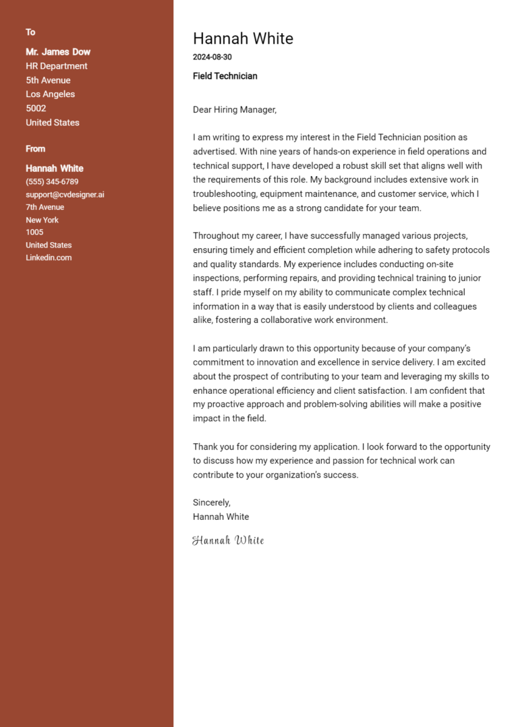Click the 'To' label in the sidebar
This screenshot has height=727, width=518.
30,32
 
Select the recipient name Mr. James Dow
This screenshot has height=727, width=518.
58,52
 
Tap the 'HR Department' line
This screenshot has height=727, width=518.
57,66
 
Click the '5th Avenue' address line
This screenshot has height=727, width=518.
48,80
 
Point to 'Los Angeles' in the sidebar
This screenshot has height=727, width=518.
51,94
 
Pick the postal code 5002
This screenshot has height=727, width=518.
36,109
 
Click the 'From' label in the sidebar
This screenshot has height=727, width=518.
36,149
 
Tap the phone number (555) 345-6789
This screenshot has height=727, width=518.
52,182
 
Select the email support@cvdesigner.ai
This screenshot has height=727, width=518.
65,195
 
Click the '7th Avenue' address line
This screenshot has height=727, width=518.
45,208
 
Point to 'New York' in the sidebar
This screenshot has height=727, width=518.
42,220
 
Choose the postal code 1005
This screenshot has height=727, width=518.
34,233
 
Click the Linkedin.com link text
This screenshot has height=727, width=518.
49,258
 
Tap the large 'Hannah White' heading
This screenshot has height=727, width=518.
243,38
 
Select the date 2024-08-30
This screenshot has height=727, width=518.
212,57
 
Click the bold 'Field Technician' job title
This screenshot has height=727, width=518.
225,76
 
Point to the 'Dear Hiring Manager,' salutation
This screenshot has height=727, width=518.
235,109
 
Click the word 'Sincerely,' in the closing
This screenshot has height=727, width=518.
212,502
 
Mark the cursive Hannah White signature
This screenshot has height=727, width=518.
228,540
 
